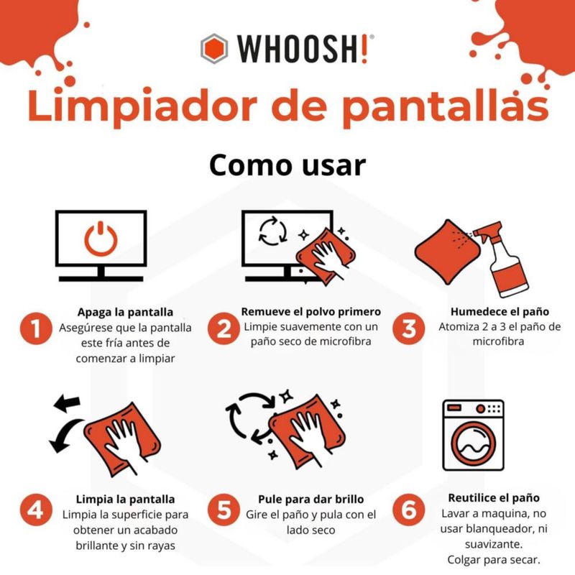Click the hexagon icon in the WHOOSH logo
tap(214, 49)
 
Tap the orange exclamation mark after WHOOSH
tap(364, 49)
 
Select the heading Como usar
tap(287, 165)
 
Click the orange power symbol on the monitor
tap(101, 239)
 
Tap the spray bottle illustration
tap(501, 258)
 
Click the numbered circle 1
tap(36, 328)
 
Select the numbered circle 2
tap(224, 328)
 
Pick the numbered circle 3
tap(409, 328)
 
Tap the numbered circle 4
tap(36, 510)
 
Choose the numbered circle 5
tap(224, 510)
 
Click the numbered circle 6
tap(409, 510)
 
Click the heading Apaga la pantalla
tap(125, 312)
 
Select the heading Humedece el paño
tap(500, 312)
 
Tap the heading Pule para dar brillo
tap(311, 499)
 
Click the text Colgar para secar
tap(494, 560)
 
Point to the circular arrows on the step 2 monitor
tap(273, 231)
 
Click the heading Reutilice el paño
tap(494, 497)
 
